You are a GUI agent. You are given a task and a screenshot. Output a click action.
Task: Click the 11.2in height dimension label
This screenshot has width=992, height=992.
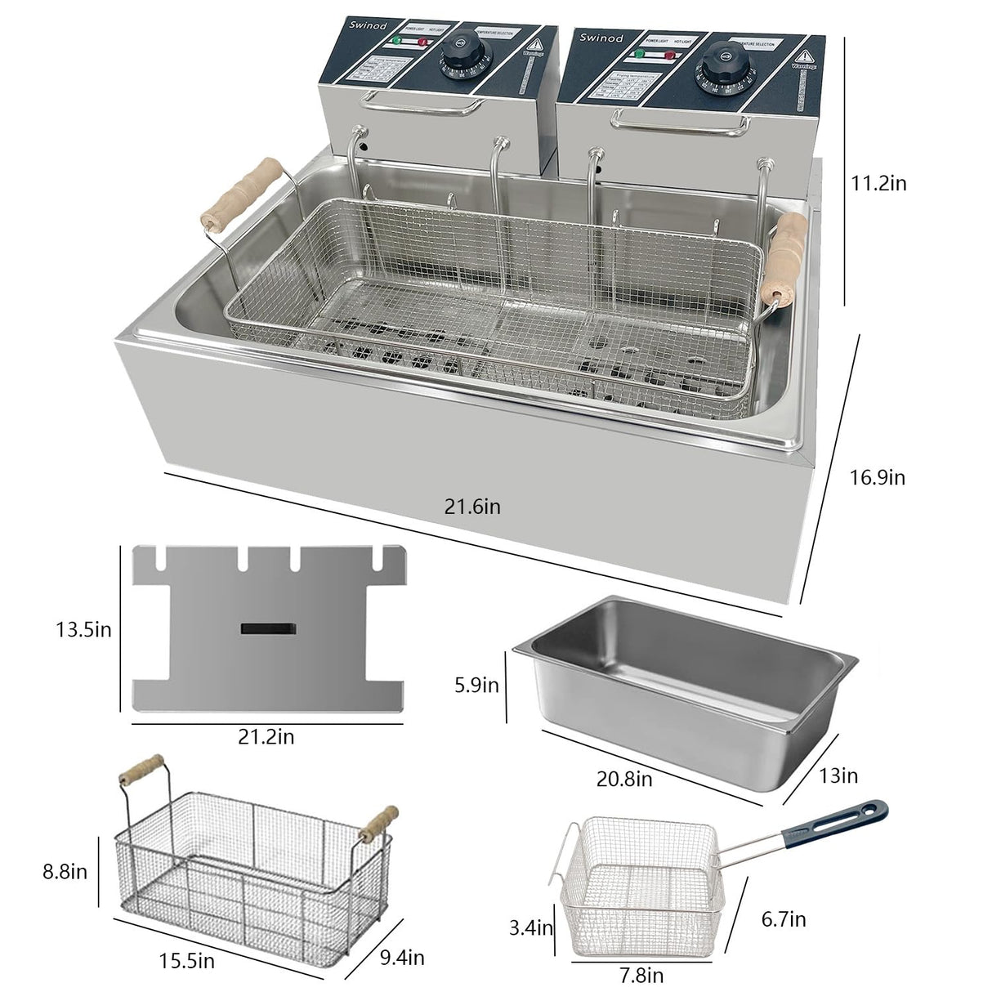point(878,183)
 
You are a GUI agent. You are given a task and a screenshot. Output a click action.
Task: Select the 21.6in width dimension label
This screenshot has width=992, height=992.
point(472,507)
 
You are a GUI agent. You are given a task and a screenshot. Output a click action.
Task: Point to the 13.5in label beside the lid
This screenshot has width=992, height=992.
point(83,629)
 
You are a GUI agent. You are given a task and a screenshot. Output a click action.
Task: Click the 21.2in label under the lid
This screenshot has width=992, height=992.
point(266,737)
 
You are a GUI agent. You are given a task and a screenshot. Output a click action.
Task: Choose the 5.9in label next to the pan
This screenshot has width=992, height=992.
point(477,684)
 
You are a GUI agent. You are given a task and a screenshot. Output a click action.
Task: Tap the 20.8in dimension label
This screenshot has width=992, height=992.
point(624,779)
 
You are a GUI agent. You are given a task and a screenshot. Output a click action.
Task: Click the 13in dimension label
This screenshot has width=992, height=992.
point(838,775)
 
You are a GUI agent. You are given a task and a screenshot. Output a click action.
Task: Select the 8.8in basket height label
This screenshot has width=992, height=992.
point(65,871)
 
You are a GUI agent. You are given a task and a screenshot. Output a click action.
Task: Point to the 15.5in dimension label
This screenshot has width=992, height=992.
point(186,961)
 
